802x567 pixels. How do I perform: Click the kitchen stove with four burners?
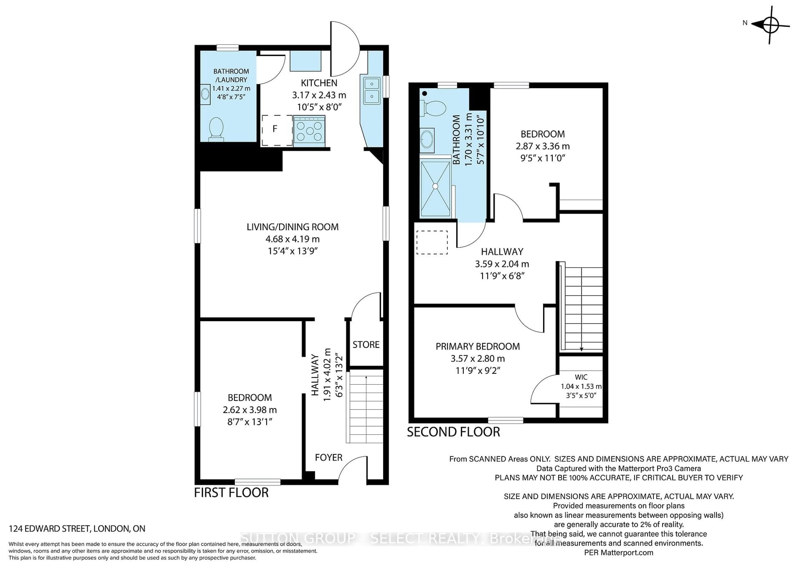coord(310,131)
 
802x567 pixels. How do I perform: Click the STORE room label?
coord(366,345)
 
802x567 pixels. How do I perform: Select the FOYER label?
coord(328,457)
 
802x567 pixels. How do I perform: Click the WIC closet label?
coord(581,377)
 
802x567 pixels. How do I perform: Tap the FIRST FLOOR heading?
coord(231,493)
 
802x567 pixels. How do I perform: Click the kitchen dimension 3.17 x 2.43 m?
coord(319,95)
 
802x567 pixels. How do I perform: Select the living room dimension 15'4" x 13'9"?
coord(292,251)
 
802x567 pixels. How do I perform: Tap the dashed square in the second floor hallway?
coord(432,242)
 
